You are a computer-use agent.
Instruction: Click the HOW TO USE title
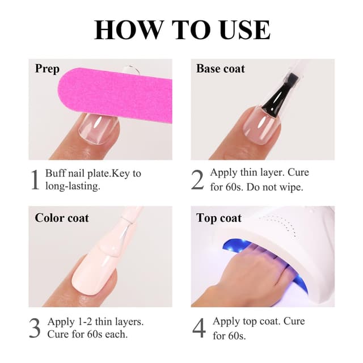181,29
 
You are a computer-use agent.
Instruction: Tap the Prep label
47,69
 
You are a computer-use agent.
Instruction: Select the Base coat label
221,69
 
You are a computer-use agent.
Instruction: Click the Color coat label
62,218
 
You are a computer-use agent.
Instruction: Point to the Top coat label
219,218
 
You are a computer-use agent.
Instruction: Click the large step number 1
35,180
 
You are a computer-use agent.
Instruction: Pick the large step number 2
197,180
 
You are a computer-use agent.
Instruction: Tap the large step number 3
35,328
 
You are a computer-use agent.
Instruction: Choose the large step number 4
199,328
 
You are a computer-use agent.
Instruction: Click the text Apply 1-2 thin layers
95,322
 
